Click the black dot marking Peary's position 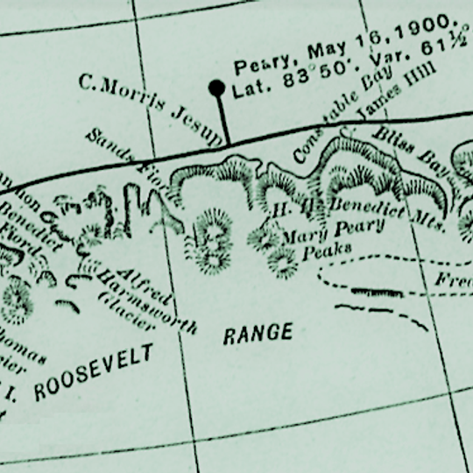click(x=215, y=88)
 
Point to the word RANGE click(x=258, y=335)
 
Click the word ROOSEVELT click(x=93, y=372)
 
